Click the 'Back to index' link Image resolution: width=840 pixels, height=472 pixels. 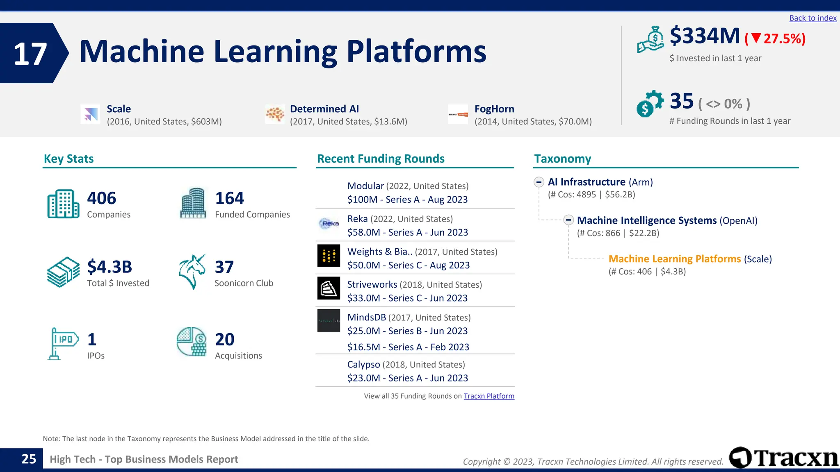click(x=813, y=18)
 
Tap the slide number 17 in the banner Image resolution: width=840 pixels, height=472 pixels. click(x=30, y=54)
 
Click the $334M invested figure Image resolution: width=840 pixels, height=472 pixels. click(x=704, y=36)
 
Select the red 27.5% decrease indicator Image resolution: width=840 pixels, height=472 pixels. click(x=775, y=39)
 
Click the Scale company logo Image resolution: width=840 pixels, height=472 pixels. click(x=90, y=114)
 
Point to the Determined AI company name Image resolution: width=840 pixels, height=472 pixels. click(x=324, y=109)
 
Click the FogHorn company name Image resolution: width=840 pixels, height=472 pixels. click(x=494, y=109)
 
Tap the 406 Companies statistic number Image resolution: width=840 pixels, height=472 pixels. click(x=101, y=198)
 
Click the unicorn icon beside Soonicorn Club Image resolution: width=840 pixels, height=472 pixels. click(x=192, y=272)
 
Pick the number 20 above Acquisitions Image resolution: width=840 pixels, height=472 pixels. click(x=224, y=339)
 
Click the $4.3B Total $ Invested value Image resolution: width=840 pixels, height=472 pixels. click(x=110, y=267)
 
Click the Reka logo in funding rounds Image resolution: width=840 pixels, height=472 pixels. click(x=329, y=223)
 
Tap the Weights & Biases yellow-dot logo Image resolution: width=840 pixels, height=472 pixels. click(x=329, y=256)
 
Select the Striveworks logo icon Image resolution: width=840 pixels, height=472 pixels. click(x=329, y=288)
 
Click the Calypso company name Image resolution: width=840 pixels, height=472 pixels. click(x=363, y=365)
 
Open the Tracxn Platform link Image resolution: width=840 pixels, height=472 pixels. click(x=488, y=396)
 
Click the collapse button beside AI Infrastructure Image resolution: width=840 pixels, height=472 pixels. click(x=539, y=182)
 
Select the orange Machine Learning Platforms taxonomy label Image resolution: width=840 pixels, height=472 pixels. click(x=674, y=259)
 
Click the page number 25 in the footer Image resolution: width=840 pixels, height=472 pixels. click(x=29, y=459)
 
